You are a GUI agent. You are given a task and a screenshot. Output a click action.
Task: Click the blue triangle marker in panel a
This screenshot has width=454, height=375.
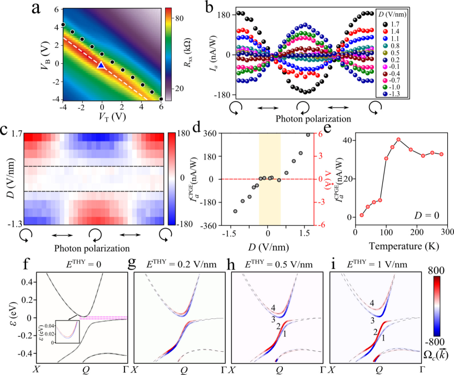coord(101,65)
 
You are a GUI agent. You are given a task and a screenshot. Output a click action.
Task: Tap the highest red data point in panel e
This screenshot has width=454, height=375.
coord(398,139)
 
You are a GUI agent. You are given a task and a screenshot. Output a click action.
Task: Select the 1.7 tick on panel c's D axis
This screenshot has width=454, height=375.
coord(15,134)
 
